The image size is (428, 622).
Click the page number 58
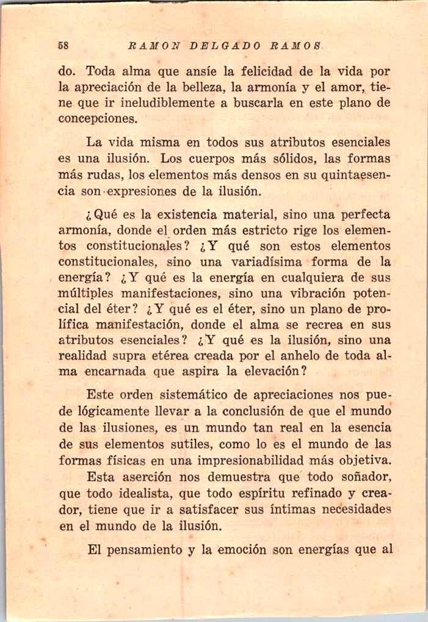(x=62, y=45)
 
